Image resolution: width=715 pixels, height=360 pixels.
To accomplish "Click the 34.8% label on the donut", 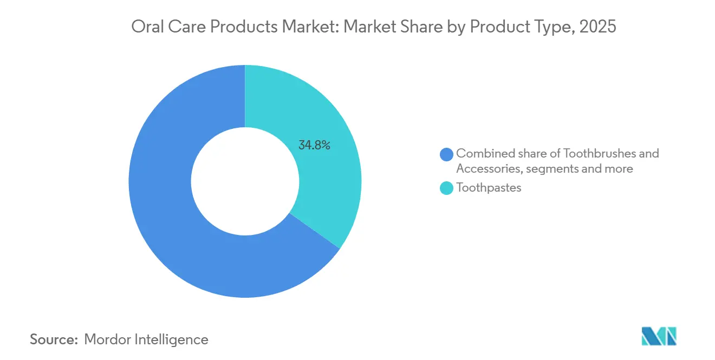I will (314, 145).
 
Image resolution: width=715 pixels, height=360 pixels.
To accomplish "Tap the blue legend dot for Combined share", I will (447, 154).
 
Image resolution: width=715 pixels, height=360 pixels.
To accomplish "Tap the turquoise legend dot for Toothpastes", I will (447, 188).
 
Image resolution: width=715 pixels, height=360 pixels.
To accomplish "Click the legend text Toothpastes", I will (489, 188).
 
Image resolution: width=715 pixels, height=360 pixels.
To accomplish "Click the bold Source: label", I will (54, 339).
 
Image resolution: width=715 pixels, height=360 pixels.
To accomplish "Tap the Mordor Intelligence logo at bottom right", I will (659, 336).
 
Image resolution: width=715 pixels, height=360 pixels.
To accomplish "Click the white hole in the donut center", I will (245, 181).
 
